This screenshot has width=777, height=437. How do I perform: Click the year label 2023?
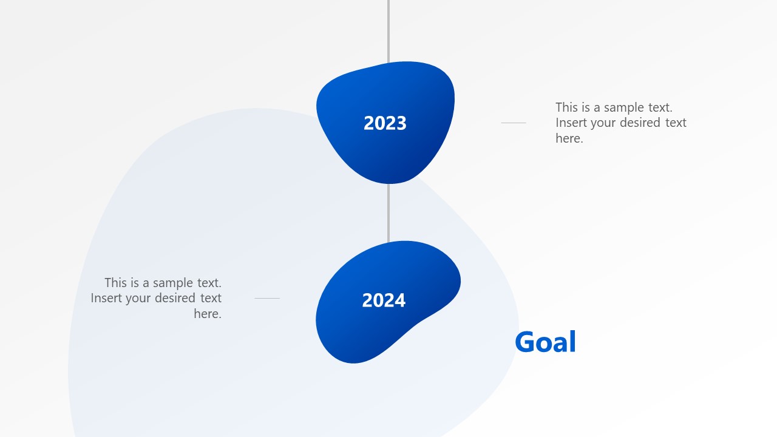click(x=385, y=123)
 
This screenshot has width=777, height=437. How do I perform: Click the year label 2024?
click(x=384, y=300)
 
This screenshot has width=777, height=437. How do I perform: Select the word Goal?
click(x=545, y=342)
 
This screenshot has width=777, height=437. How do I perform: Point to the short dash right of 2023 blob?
click(x=514, y=123)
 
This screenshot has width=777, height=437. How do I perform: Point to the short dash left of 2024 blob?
click(x=267, y=298)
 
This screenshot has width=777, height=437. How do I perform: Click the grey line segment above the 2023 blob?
click(x=388, y=30)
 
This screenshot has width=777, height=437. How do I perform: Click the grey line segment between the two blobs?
click(x=388, y=212)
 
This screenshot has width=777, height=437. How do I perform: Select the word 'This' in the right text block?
click(x=567, y=107)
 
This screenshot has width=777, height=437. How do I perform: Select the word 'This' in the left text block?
click(x=116, y=283)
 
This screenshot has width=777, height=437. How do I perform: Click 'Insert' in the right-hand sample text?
click(x=571, y=123)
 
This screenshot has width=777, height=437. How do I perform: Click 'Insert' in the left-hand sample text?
click(x=106, y=298)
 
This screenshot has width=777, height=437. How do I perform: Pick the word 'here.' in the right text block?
click(x=569, y=138)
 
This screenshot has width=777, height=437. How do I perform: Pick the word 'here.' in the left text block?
click(x=208, y=314)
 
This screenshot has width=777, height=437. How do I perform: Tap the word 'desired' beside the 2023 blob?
click(x=637, y=123)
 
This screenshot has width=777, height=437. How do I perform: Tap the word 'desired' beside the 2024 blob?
click(x=176, y=298)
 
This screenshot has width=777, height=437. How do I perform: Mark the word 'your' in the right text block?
click(x=602, y=123)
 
